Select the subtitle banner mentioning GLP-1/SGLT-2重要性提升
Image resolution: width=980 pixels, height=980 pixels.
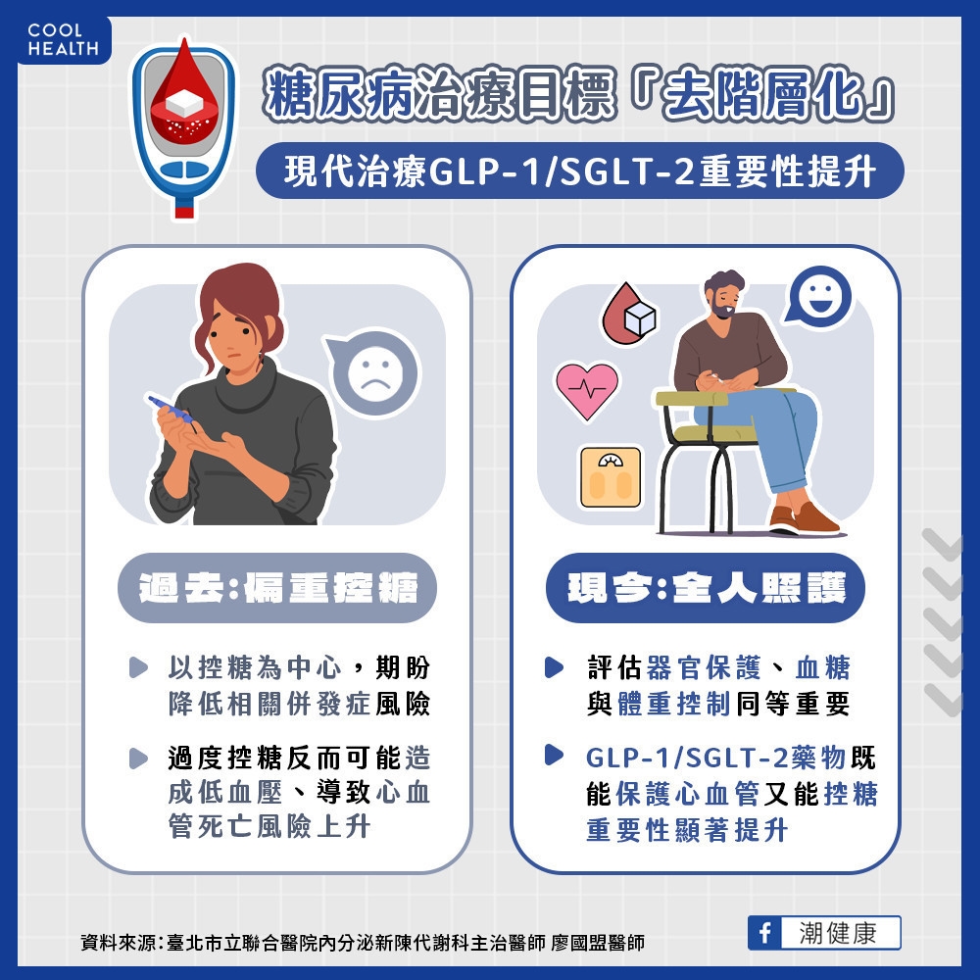click(578, 171)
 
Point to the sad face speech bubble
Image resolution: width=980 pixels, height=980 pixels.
click(372, 372)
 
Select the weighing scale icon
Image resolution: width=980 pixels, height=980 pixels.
click(610, 476)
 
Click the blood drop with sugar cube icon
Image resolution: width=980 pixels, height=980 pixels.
click(628, 315)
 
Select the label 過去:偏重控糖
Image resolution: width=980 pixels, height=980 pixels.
click(276, 589)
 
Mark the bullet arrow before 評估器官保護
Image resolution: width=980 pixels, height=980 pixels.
click(556, 668)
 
